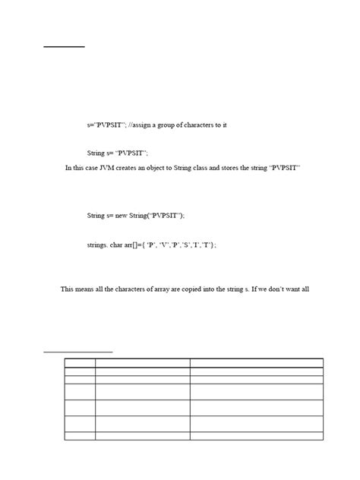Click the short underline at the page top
(64, 47)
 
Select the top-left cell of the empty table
(79, 363)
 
